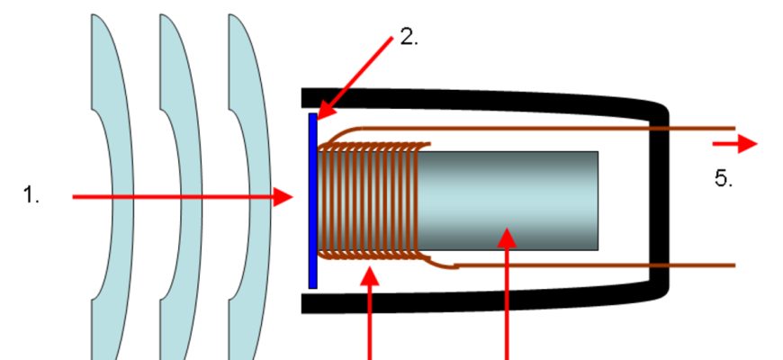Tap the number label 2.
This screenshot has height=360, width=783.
[409, 38]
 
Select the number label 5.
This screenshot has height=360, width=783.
[724, 178]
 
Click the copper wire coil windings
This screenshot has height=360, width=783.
[369, 200]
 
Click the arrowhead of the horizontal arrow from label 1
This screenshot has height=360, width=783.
[284, 196]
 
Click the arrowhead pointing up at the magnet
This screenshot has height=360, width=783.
[508, 238]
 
